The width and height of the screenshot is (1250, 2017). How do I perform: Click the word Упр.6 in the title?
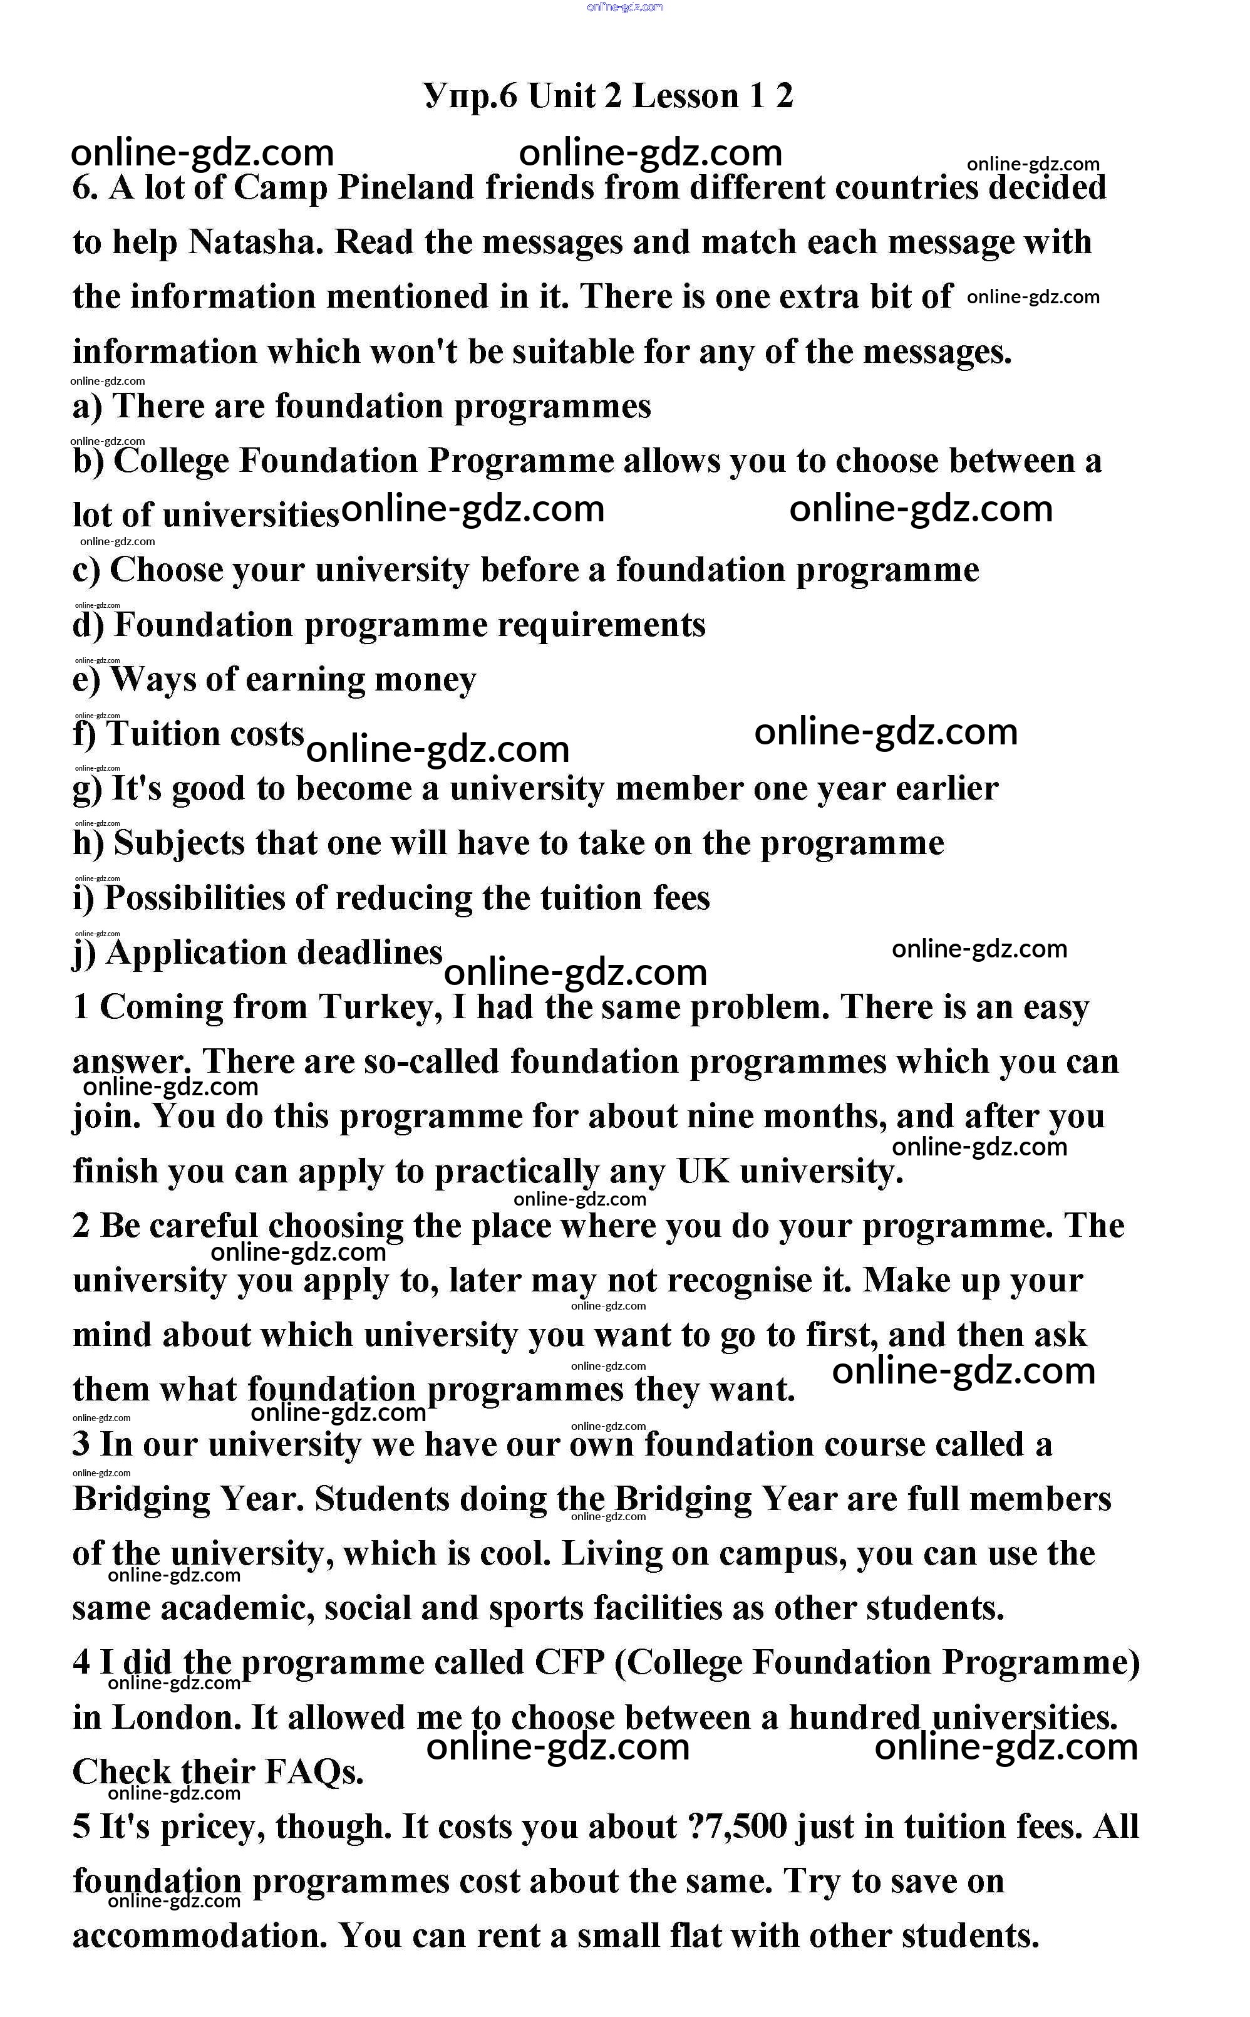pyautogui.click(x=470, y=96)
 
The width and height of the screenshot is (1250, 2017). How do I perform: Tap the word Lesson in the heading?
pyautogui.click(x=685, y=96)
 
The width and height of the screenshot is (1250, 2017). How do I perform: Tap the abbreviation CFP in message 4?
pyautogui.click(x=571, y=1663)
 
